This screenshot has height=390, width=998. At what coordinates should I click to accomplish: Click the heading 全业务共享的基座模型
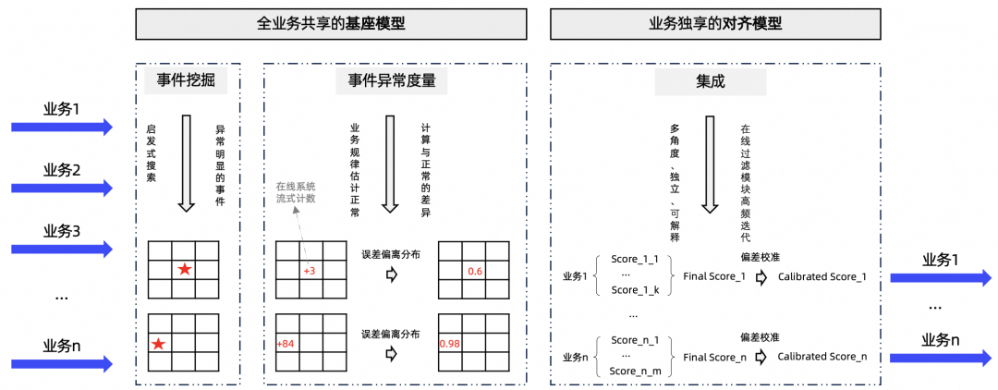[x=330, y=24]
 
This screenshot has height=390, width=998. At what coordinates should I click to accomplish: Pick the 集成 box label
[x=710, y=82]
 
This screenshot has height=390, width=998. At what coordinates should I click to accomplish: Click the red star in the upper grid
[x=185, y=270]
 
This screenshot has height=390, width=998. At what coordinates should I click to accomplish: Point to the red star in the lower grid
[x=159, y=345]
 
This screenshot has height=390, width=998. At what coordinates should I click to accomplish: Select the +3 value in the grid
[x=310, y=271]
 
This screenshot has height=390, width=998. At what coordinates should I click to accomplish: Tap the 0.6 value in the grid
[x=475, y=271]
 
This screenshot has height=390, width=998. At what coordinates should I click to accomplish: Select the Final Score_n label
[x=713, y=356]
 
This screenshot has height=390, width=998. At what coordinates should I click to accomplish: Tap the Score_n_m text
[x=636, y=371]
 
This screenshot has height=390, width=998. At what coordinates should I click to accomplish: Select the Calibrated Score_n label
[x=822, y=356]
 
